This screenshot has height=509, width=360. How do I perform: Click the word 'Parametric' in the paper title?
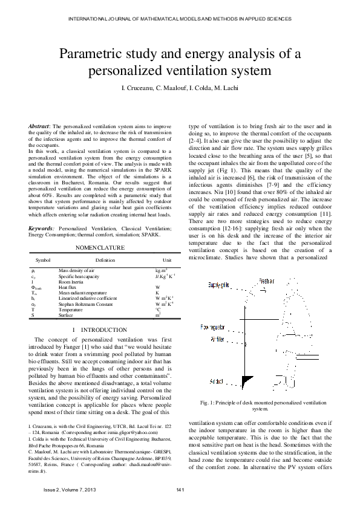(x=90, y=55)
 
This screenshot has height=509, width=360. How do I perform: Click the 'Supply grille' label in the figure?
(x=218, y=284)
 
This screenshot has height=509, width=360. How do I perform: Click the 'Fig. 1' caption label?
(x=208, y=403)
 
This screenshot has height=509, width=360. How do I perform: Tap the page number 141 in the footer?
(x=180, y=488)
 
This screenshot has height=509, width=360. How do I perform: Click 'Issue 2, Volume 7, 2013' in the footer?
(x=70, y=488)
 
